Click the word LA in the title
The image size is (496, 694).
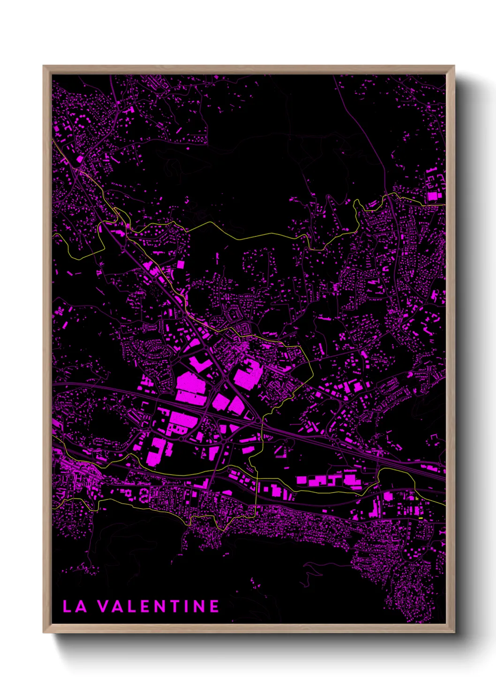[75, 606]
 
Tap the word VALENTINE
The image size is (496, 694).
[158, 606]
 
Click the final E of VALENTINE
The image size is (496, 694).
[214, 606]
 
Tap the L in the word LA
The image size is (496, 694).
[67, 606]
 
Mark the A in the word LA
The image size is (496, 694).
[81, 606]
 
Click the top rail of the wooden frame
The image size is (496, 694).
[248, 69]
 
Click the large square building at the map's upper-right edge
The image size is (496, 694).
[432, 196]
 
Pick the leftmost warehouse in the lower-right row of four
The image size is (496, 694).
[301, 480]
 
